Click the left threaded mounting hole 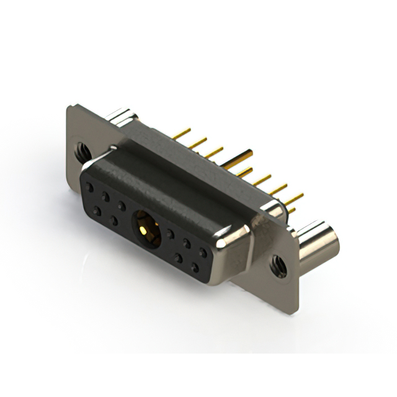click(81, 149)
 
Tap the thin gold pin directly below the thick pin click(242, 171)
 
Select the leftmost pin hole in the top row click(91, 186)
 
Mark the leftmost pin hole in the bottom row click(97, 212)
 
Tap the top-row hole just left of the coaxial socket click(122, 205)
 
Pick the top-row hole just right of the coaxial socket click(169, 233)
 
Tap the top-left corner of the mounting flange click(68, 107)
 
